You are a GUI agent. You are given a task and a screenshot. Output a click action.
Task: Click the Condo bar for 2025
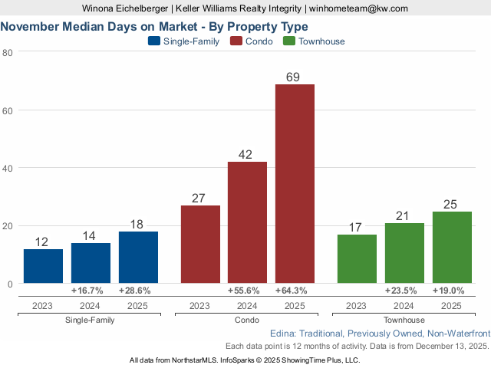tap(295, 184)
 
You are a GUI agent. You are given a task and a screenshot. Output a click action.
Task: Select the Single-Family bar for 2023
tap(43, 266)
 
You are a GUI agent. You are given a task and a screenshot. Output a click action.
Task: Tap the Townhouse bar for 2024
tap(404, 253)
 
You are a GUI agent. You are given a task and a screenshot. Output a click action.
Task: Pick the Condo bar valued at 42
tap(247, 222)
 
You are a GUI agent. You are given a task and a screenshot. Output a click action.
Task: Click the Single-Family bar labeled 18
tap(138, 258)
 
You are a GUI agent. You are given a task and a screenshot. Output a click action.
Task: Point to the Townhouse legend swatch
tap(289, 41)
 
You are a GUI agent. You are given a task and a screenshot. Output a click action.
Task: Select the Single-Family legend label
tap(191, 41)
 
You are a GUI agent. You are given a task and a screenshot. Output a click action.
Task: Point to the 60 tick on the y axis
tap(8, 110)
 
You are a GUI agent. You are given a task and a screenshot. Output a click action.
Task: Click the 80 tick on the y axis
tap(8, 52)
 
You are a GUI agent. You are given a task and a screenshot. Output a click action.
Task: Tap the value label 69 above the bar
tap(295, 77)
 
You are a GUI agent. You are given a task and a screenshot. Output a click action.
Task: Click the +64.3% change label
tap(295, 291)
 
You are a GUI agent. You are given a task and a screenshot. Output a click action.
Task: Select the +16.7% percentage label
tap(91, 291)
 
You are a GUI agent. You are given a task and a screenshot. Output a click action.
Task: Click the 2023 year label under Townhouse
tap(357, 305)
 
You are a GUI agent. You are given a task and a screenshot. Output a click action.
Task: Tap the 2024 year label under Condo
tap(247, 305)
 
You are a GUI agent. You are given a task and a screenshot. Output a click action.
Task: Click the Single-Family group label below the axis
tap(91, 320)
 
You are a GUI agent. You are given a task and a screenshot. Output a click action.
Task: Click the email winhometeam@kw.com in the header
tap(359, 8)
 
